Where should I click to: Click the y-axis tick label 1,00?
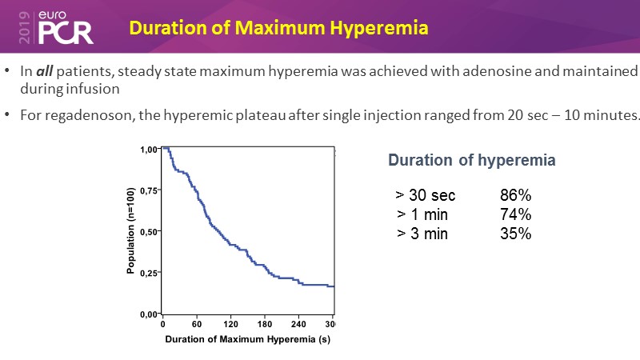[x=149, y=150]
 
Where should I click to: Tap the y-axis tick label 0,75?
[x=149, y=190]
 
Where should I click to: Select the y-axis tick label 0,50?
[x=149, y=232]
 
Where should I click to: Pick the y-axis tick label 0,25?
[x=149, y=274]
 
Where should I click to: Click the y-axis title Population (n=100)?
[x=130, y=232]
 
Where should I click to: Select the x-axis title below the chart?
[x=247, y=339]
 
